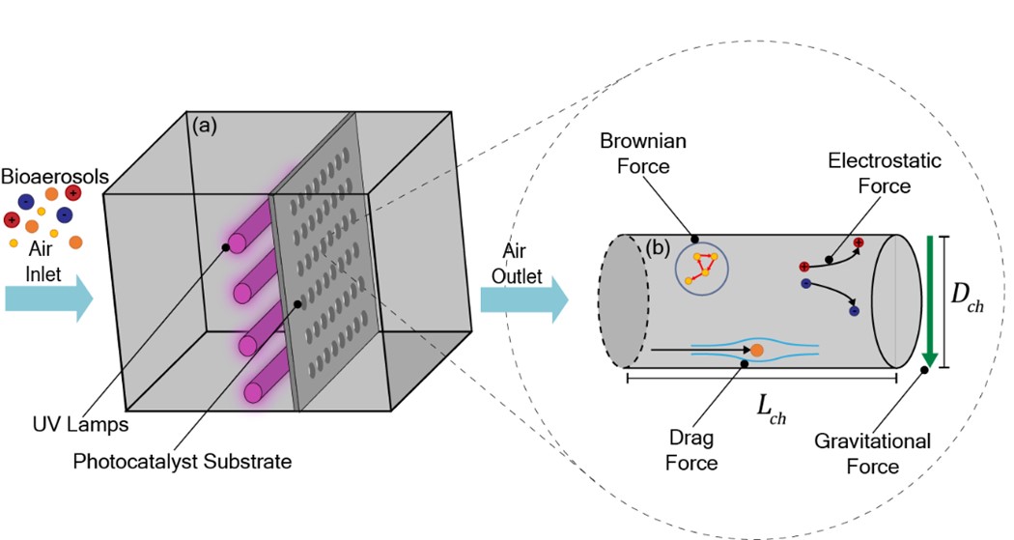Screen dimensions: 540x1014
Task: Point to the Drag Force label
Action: [691, 450]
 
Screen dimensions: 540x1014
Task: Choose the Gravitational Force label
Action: [872, 454]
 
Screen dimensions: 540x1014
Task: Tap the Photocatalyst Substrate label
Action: [183, 462]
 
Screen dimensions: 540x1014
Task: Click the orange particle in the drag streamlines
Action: [757, 349]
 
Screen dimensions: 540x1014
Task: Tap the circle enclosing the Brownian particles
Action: [701, 268]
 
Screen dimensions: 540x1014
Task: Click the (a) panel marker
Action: [207, 125]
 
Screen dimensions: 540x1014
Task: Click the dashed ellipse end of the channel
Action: [625, 300]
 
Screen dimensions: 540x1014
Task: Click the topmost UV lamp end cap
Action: [238, 243]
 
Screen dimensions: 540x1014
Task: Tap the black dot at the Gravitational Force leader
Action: [924, 371]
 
